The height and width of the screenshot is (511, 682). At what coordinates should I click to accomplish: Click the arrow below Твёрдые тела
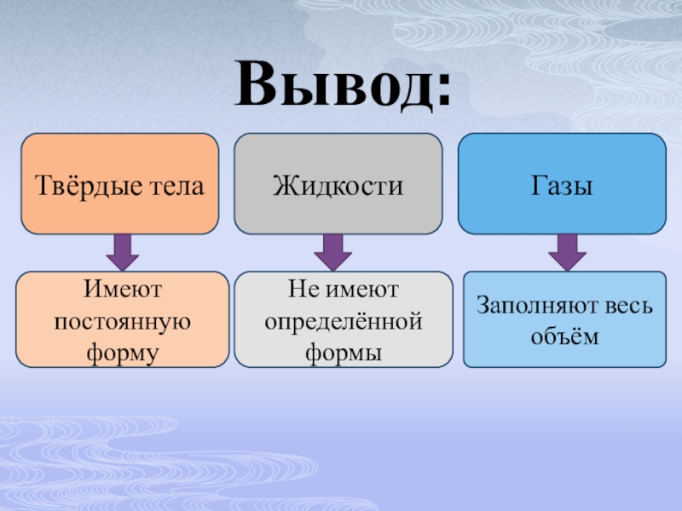[x=123, y=251]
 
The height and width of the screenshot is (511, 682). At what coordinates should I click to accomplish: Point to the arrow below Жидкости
[x=332, y=251]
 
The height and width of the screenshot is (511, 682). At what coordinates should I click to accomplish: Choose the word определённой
[x=344, y=321]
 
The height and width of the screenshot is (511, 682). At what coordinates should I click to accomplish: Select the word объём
[x=564, y=336]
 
